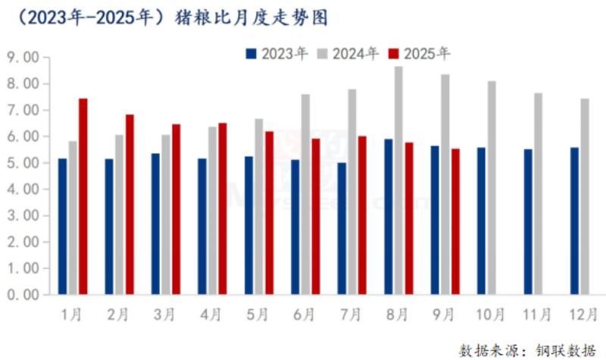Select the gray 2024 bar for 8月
coord(398,180)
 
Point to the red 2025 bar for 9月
coord(454,221)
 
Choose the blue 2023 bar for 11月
coord(528,221)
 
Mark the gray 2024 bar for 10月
coord(492,187)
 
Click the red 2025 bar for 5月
coord(270,212)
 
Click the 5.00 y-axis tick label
coord(23,163)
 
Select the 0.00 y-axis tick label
coord(23,294)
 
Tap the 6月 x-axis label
coord(304,313)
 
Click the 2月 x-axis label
coord(117,313)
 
